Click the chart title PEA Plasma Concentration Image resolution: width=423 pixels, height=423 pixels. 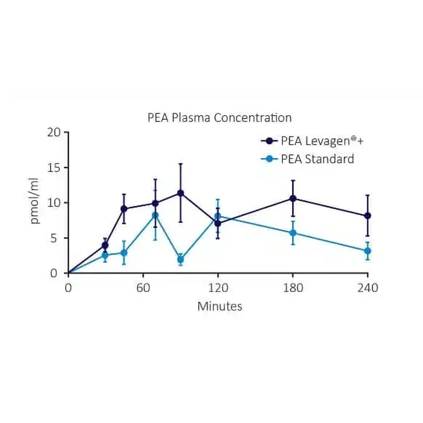[x=219, y=118]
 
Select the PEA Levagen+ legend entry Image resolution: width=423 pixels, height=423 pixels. [x=312, y=141]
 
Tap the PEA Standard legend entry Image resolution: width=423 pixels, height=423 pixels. [x=307, y=159]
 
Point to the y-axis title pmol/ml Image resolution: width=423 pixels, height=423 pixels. [x=34, y=201]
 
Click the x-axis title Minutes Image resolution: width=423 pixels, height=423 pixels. [x=219, y=306]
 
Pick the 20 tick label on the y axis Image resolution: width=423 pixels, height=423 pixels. [x=54, y=132]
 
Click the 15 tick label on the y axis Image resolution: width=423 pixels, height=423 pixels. [x=54, y=168]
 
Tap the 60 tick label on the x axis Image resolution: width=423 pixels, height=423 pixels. [x=143, y=288]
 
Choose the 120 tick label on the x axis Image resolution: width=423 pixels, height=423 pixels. [x=218, y=288]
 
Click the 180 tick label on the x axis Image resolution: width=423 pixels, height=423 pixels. [x=293, y=288]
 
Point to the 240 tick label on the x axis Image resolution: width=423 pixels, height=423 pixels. [x=368, y=288]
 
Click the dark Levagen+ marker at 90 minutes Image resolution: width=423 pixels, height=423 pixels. [x=181, y=193]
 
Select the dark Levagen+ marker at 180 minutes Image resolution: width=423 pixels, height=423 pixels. [x=293, y=198]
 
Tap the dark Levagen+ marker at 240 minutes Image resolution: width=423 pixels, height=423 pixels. [x=368, y=216]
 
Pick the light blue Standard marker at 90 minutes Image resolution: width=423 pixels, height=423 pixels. [x=181, y=259]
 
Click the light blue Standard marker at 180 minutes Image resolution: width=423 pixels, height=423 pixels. [x=293, y=233]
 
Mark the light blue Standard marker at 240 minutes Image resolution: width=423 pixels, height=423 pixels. [x=368, y=251]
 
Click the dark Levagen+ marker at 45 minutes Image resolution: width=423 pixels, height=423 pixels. [x=124, y=209]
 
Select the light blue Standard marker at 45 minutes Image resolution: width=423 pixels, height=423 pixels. [x=124, y=253]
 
